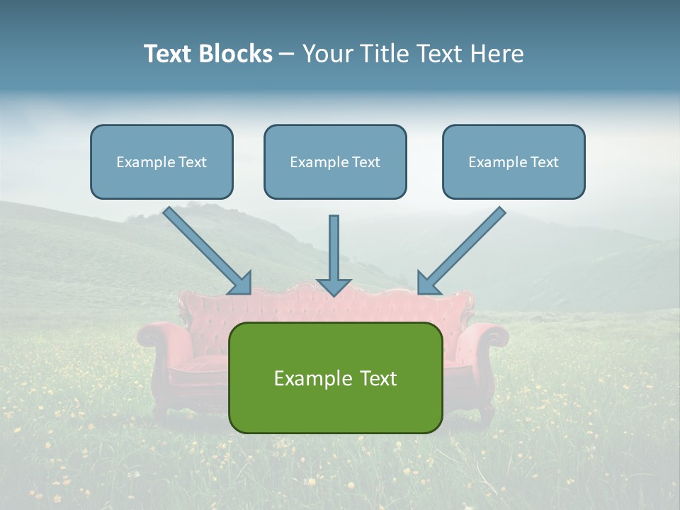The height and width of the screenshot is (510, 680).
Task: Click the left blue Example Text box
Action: point(161,162)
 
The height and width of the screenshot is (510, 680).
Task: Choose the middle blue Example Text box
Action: point(335,162)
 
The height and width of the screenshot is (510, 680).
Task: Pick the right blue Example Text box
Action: point(514,162)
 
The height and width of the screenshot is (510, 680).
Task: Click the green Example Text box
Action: point(335,378)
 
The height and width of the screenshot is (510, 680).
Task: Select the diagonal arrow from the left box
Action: point(205,248)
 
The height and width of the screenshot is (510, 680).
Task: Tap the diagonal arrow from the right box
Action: point(464,248)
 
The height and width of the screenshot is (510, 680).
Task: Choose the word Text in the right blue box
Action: point(544,162)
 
